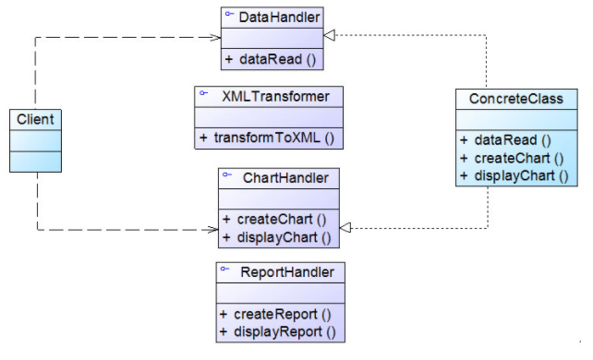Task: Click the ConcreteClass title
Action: [516, 98]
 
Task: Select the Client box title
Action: [36, 119]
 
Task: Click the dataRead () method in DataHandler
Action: [270, 60]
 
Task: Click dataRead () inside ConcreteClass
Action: [509, 141]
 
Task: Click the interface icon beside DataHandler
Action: [228, 16]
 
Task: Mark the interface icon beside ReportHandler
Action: [224, 270]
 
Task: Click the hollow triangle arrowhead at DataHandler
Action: [331, 35]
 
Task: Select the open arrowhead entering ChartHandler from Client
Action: [212, 229]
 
